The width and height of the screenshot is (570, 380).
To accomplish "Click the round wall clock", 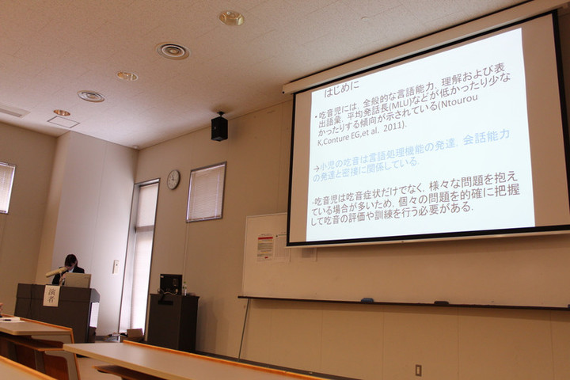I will [x=173, y=180].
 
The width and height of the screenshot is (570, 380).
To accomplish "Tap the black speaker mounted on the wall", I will [x=219, y=127].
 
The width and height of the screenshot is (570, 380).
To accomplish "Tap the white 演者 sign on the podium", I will [x=51, y=295].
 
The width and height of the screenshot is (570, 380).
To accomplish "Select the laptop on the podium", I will [x=77, y=279].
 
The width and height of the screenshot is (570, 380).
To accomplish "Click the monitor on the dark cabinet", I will [x=170, y=283].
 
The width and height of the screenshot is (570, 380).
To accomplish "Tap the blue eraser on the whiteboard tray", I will [x=367, y=300].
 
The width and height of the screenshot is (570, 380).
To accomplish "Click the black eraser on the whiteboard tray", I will [x=441, y=302].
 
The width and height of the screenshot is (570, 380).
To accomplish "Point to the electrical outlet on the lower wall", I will [x=418, y=370].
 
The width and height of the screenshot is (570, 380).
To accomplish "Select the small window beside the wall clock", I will [x=206, y=192].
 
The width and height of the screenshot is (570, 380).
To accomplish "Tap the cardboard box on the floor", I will [x=135, y=334].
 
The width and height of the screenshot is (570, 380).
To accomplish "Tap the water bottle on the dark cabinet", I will [x=184, y=289].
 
